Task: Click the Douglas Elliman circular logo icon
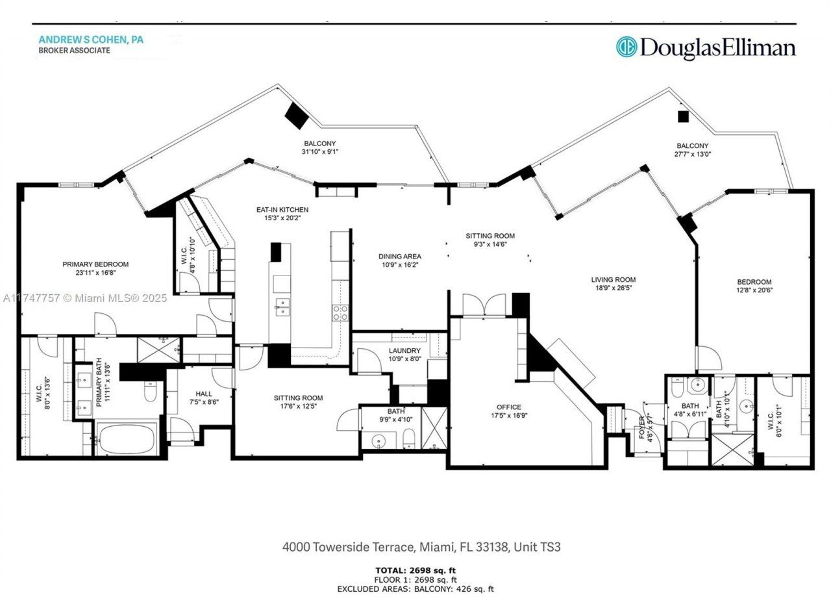(626, 47)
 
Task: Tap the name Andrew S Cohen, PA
(90, 40)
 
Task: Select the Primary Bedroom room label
(95, 264)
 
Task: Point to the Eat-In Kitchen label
(282, 210)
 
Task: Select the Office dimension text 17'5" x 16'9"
(509, 416)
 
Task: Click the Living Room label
(613, 280)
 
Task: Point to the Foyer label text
(643, 428)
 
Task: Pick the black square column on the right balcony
(682, 117)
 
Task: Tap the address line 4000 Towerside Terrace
(421, 547)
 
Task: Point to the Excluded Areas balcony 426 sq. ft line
(415, 589)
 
